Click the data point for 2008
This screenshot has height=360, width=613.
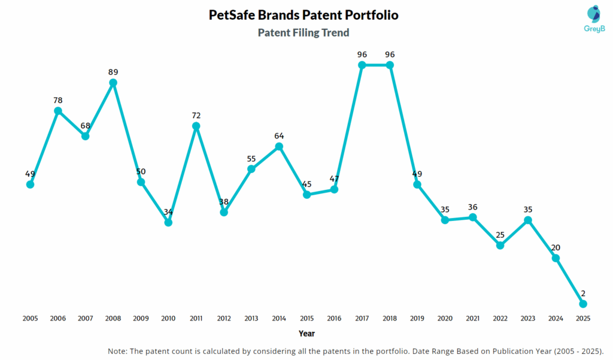(x=113, y=83)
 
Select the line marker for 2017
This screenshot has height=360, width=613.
(x=362, y=65)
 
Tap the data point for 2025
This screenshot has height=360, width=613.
(x=583, y=304)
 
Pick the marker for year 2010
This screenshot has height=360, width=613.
(x=168, y=222)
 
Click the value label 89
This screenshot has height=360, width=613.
(x=113, y=72)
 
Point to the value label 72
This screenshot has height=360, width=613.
(x=196, y=115)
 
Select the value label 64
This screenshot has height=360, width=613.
(x=279, y=135)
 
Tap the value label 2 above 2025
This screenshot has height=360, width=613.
(x=583, y=294)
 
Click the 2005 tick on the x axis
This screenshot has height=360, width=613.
(x=30, y=319)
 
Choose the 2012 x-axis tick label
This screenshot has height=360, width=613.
(x=224, y=319)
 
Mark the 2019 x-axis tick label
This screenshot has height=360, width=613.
(x=417, y=319)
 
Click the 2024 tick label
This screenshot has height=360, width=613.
(x=556, y=319)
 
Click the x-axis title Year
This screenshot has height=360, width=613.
(x=306, y=333)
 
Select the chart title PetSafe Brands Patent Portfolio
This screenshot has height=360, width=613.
(x=304, y=15)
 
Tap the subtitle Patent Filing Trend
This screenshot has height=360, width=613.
(x=304, y=32)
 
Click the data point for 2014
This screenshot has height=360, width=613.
(x=279, y=146)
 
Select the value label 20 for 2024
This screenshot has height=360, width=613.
(x=556, y=247)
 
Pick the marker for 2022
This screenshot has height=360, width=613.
(x=500, y=245)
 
